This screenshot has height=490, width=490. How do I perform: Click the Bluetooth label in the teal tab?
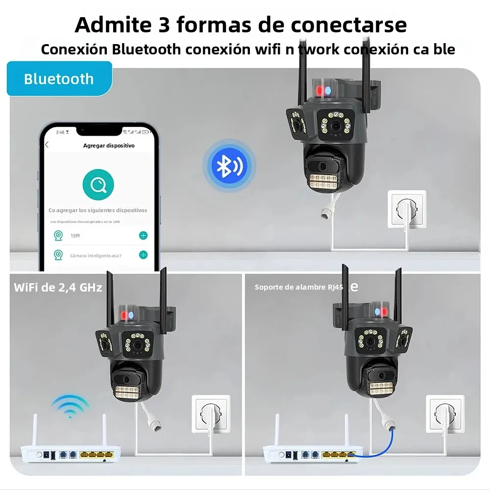[x=59, y=78]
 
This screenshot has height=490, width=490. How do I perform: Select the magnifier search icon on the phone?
[x=98, y=185]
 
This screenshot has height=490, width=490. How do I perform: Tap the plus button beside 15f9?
[x=143, y=236]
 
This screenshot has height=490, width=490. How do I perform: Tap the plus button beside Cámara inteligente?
[x=143, y=255]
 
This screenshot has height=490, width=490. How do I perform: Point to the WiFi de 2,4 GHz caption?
[x=58, y=287]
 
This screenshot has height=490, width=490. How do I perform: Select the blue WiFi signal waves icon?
[x=70, y=406]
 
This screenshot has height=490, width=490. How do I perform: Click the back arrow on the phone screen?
[x=47, y=145]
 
